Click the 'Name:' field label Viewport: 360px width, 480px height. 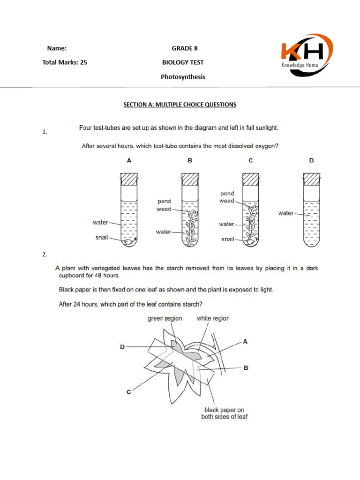coord(56,48)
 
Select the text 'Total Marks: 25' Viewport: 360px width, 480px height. coord(65,62)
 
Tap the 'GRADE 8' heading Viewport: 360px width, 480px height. coord(182,48)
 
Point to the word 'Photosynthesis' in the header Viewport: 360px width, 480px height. coord(183,77)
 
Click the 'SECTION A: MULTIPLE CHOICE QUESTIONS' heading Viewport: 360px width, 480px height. coord(180,105)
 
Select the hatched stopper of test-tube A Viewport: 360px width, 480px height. coord(129,179)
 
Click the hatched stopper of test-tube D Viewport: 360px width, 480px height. coord(311,179)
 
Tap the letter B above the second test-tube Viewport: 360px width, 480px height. coord(190,160)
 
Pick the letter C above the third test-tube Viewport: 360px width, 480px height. coord(251,160)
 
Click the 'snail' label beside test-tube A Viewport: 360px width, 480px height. coord(102,237)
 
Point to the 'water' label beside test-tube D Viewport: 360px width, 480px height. coord(285,213)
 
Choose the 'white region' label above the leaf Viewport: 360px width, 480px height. coord(213,318)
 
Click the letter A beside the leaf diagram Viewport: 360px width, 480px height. coord(245,342)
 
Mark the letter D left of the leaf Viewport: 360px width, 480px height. coord(122,347)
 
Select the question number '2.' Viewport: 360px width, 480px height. coord(45,255)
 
